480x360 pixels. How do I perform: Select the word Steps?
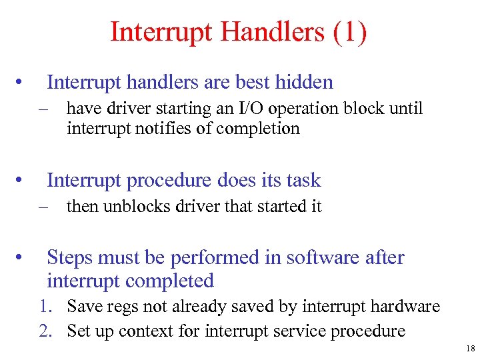pos(72,257)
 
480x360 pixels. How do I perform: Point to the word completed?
pos(171,281)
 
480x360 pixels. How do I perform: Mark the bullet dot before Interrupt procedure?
pos(22,181)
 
